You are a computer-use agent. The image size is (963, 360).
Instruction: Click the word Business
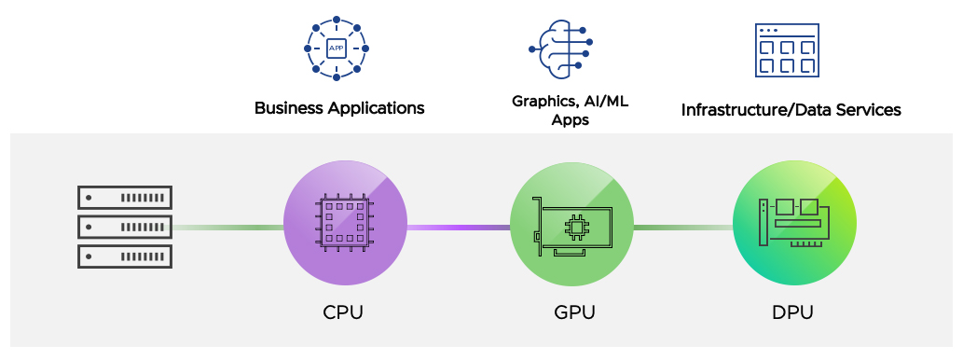[289, 108]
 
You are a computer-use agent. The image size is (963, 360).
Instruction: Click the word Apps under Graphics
[570, 119]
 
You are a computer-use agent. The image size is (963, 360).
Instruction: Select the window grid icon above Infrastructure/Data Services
[786, 49]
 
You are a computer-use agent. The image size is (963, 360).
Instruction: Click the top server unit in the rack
[124, 197]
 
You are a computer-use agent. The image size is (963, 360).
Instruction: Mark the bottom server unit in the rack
[124, 256]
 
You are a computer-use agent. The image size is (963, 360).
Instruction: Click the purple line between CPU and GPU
[458, 228]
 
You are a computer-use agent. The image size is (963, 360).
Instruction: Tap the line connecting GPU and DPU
[682, 228]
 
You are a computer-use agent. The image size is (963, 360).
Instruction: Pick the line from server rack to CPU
[227, 228]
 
